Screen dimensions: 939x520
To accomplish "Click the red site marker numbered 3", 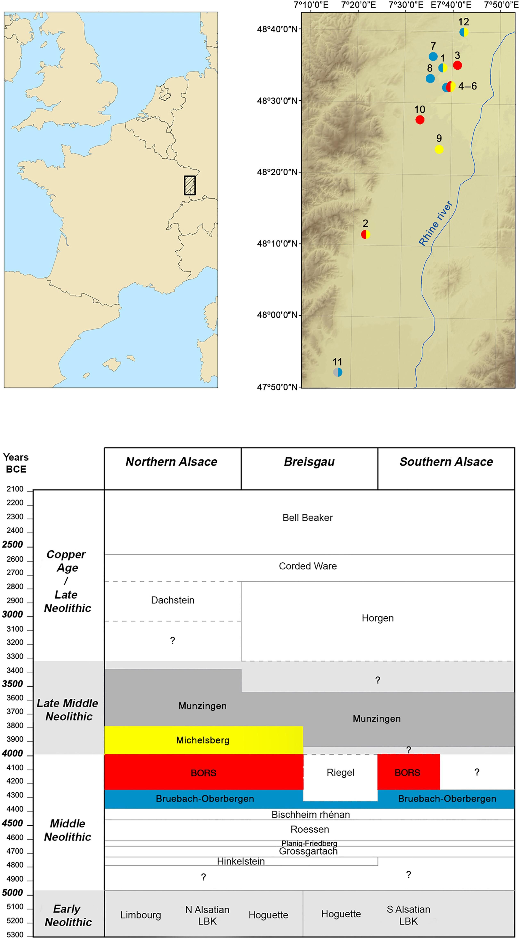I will coord(457,65).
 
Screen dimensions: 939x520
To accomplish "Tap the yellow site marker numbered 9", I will coord(439,149).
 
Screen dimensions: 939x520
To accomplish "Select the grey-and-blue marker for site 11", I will coord(338,372).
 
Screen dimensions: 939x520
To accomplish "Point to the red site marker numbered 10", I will coord(420,120).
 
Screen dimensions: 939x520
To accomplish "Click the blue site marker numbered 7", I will coord(433,57).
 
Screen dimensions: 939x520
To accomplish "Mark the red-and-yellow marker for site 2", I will coord(365,234).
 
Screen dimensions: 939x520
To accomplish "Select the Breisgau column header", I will coord(309,462).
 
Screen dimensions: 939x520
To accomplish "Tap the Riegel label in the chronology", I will coord(340,772).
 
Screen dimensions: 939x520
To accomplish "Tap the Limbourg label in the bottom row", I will coord(140,915).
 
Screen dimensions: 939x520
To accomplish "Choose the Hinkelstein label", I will coord(241,861).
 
